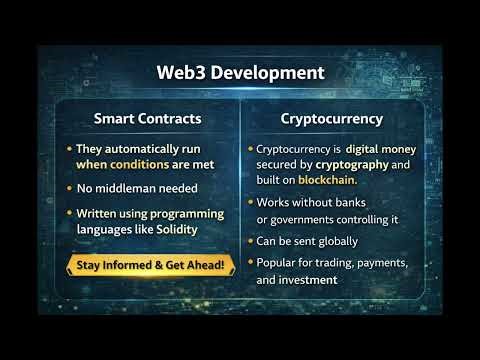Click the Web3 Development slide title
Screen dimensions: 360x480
240,73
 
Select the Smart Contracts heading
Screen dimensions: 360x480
148,118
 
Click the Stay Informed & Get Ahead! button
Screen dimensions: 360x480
149,265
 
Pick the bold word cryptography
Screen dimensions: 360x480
340,164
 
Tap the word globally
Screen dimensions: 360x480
335,241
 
